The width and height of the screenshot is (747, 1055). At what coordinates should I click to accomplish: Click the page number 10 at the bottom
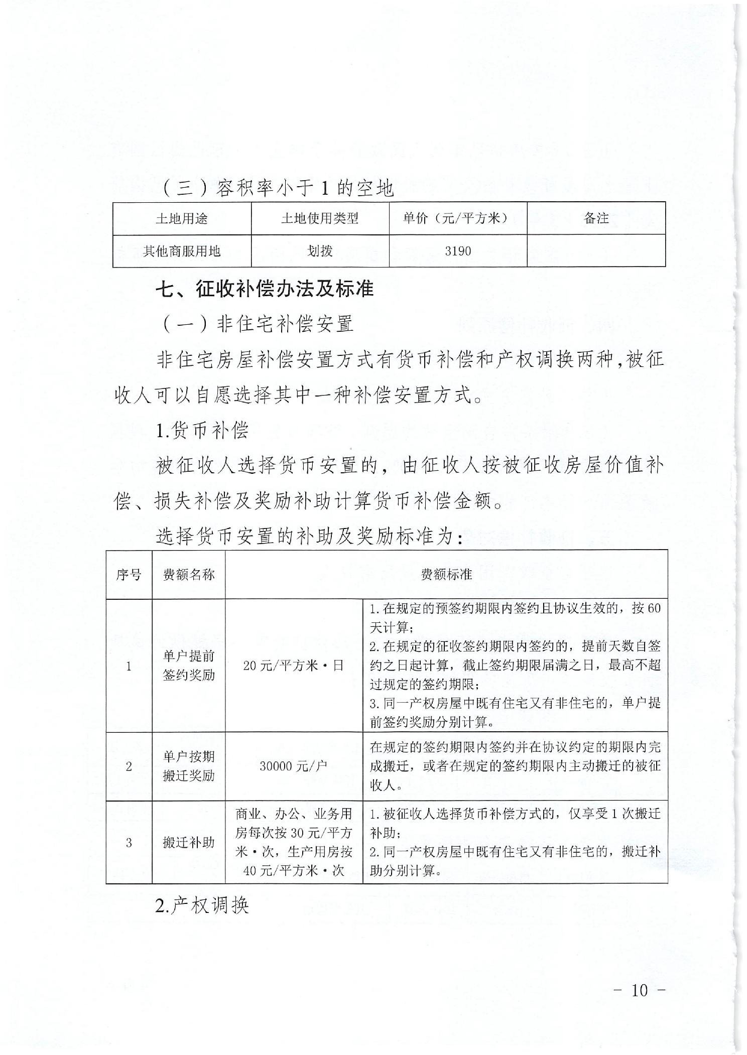click(x=640, y=990)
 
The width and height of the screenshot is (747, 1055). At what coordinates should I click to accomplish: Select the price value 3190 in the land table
click(x=458, y=250)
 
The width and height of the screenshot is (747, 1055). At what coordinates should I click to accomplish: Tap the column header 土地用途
click(x=181, y=218)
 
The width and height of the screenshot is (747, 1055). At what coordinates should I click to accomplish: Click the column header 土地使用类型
click(x=320, y=218)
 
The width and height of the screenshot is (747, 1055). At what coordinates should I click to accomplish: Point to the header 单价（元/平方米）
click(x=457, y=218)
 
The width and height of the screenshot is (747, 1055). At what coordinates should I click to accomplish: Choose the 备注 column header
click(x=596, y=218)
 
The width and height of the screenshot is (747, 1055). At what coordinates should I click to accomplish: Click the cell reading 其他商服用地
click(x=181, y=250)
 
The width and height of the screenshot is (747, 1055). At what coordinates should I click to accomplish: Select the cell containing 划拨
click(x=320, y=250)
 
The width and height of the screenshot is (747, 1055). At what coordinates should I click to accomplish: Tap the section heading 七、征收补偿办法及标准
click(x=265, y=290)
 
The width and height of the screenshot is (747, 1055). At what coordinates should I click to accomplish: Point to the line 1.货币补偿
click(x=202, y=431)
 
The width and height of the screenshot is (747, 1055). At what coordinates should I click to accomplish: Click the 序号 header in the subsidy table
click(x=129, y=575)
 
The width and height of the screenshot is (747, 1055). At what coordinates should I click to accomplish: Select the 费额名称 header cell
click(x=188, y=575)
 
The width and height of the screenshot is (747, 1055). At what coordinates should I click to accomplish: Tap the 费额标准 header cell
click(x=446, y=575)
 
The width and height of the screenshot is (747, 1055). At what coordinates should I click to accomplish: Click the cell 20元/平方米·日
click(x=294, y=666)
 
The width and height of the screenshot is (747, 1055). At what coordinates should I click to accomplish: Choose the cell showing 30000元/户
click(x=294, y=766)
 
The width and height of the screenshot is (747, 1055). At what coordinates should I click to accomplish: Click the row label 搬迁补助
click(x=188, y=842)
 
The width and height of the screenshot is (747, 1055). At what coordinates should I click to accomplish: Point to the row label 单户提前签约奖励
click(x=188, y=666)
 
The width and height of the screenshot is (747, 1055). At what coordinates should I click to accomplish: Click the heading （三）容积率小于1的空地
click(x=278, y=188)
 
